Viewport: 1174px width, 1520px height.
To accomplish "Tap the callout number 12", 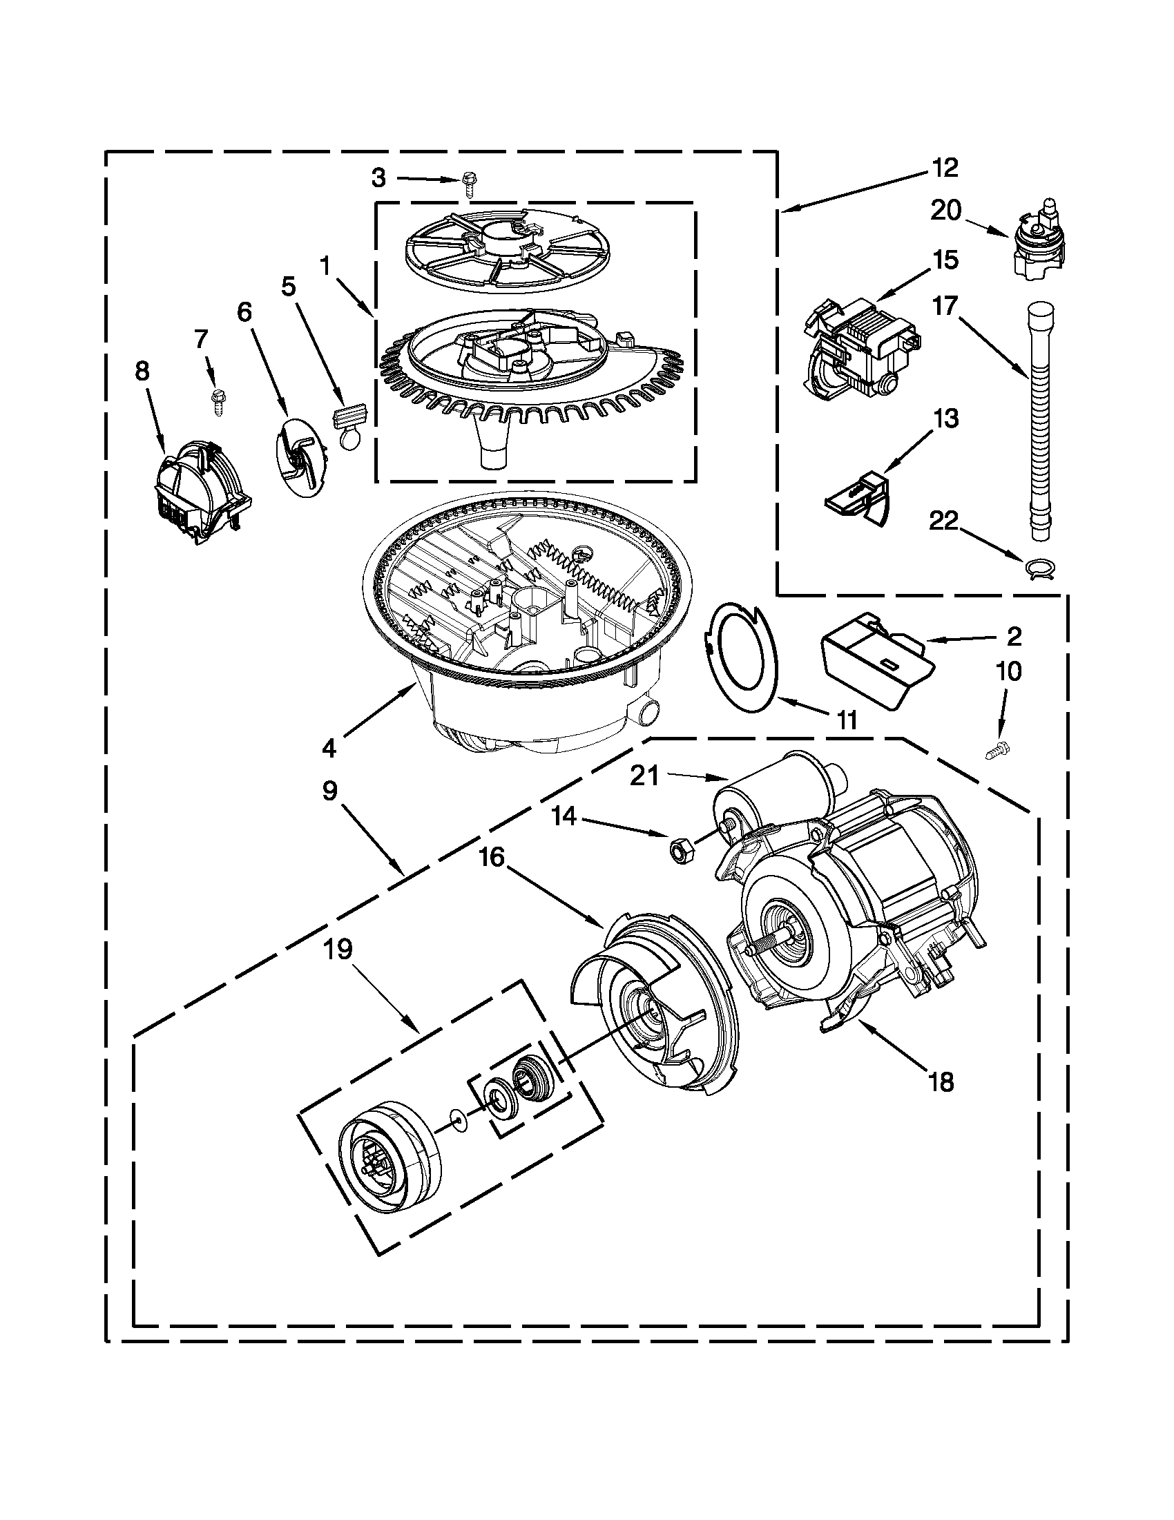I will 945,168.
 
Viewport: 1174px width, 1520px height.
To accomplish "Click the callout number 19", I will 338,950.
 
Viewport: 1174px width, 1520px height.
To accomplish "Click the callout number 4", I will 329,748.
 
